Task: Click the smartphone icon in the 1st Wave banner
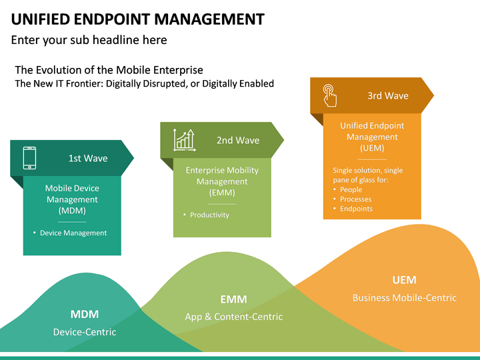pyautogui.click(x=29, y=158)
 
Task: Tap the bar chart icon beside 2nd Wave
pyautogui.click(x=183, y=140)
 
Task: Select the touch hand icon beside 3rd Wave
pyautogui.click(x=329, y=95)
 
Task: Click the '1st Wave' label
pyautogui.click(x=88, y=159)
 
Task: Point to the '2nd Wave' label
pyautogui.click(x=238, y=141)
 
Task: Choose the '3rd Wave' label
pyautogui.click(x=388, y=96)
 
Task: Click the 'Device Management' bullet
pyautogui.click(x=73, y=233)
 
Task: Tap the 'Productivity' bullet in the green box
pyautogui.click(x=209, y=215)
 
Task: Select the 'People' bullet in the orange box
pyautogui.click(x=351, y=190)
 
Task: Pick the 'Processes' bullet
pyautogui.click(x=355, y=199)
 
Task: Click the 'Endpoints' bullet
pyautogui.click(x=356, y=209)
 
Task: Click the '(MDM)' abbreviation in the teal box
pyautogui.click(x=72, y=211)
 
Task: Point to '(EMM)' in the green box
pyautogui.click(x=222, y=193)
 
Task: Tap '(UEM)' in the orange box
pyautogui.click(x=372, y=148)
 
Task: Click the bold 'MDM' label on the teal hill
pyautogui.click(x=85, y=314)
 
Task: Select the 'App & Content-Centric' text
pyautogui.click(x=234, y=317)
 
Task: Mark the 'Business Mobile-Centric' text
pyautogui.click(x=405, y=298)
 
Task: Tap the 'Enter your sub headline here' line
pyautogui.click(x=89, y=40)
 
